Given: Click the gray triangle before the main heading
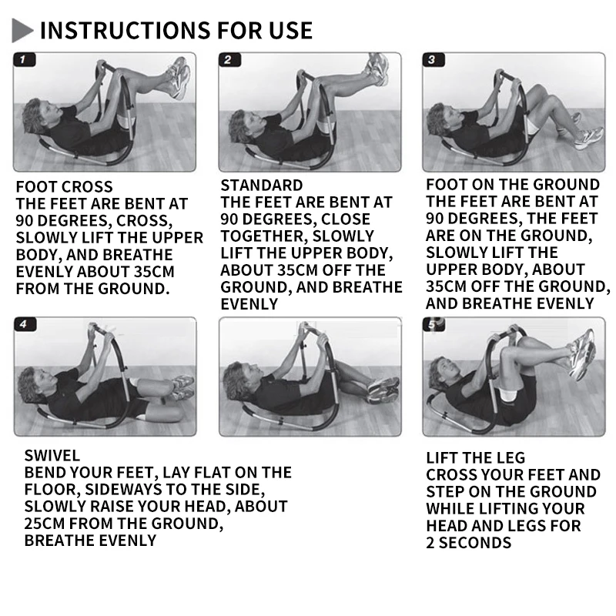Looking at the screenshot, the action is point(21,30).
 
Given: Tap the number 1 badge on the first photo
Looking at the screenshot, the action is point(25,60).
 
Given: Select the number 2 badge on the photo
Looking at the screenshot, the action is point(229,60).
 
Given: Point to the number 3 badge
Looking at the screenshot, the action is point(434,60).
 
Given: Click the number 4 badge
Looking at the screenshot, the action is point(25,324).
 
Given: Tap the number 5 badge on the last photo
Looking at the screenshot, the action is point(434,324).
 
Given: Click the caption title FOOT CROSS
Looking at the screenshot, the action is point(64,186).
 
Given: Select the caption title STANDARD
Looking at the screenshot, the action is point(262,185).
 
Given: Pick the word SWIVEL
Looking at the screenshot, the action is point(52,456).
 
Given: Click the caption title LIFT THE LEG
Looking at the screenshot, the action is point(475,457).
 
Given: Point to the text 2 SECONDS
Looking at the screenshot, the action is point(469,543).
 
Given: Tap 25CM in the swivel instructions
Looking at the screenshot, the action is point(44,524).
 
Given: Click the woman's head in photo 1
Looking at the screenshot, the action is point(36,115).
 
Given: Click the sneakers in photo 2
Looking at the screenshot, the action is point(378,68).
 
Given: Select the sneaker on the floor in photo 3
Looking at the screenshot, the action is point(588,138).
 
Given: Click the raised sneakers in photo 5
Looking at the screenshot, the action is point(581,354).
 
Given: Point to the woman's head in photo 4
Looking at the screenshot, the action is point(32,385).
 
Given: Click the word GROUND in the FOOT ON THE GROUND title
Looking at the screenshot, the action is point(566,184).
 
